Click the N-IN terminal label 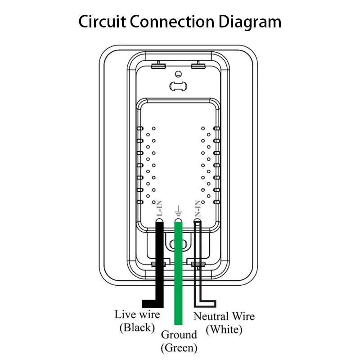click(197, 210)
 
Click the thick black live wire click(159, 261)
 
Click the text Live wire click(137, 315)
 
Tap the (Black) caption click(137, 327)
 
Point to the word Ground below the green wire click(179, 335)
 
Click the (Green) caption click(179, 347)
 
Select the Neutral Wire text click(224, 316)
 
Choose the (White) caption click(224, 329)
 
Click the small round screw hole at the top click(178, 73)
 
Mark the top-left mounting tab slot click(158, 66)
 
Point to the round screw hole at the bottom click(178, 244)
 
